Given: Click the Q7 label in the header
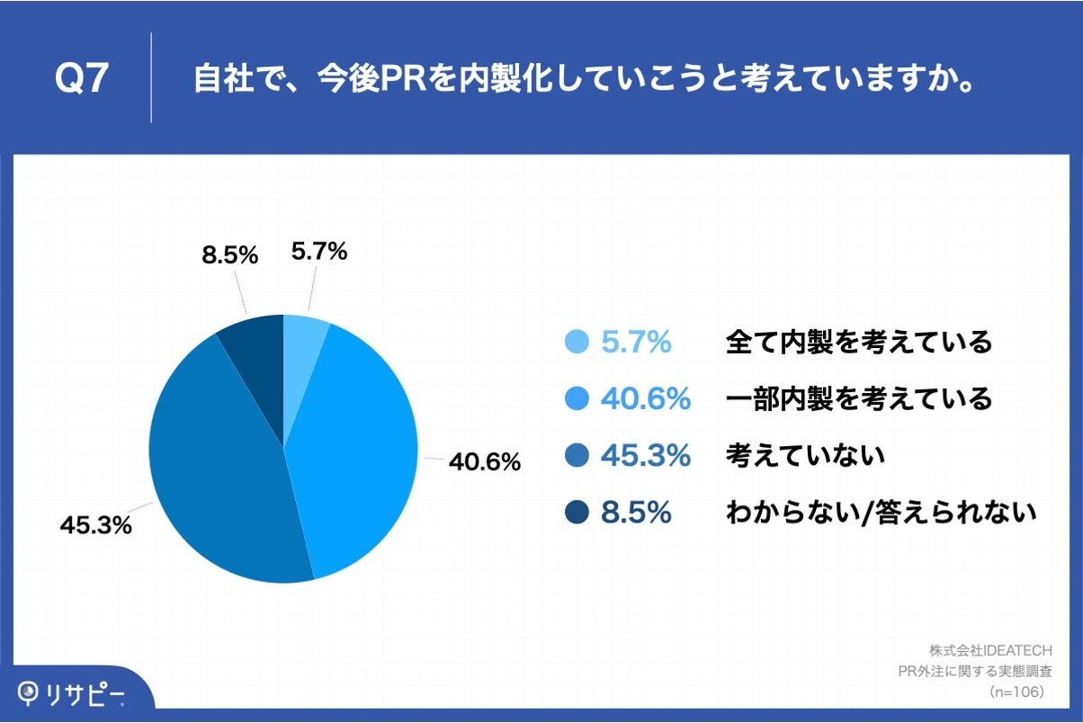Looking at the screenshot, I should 82,79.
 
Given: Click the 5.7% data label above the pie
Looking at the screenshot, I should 318,253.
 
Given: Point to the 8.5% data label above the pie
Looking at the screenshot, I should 229,255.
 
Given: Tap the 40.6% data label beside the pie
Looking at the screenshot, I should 484,462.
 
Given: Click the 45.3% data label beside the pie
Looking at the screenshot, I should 95,525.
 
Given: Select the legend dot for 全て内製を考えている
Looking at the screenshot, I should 576,342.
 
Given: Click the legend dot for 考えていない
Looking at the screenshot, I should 576,456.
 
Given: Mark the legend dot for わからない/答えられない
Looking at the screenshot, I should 576,513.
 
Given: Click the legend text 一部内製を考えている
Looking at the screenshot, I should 858,398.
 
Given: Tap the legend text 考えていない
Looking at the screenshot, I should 805,456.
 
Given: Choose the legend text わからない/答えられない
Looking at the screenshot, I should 882,513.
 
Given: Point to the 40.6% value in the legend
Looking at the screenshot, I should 645,398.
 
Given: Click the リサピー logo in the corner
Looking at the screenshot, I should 72,693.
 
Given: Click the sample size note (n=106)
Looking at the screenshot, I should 1016,692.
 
